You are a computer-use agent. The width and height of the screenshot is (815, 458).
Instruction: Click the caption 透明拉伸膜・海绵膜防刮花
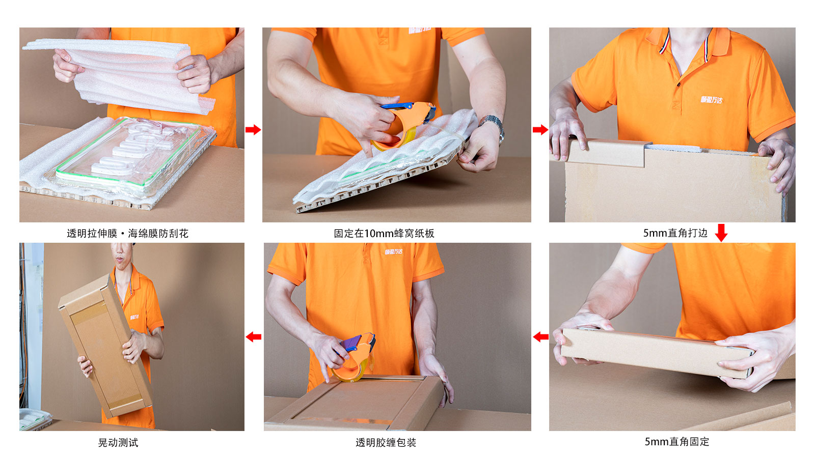[x=127, y=234]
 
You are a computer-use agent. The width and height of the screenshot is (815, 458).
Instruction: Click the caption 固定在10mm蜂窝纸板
[x=384, y=234]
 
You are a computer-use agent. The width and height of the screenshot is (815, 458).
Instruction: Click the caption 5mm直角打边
[x=675, y=233]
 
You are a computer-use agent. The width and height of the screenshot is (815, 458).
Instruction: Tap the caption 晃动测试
[x=118, y=443]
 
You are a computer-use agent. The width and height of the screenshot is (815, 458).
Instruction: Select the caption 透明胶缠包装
[x=386, y=443]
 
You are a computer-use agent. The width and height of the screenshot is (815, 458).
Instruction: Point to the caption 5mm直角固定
[x=676, y=442]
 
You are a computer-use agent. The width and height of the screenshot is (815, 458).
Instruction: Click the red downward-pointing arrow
[x=721, y=233]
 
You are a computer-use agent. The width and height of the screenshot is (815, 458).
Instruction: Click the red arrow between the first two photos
[x=253, y=130]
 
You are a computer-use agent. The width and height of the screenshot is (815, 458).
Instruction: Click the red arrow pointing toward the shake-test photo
[x=253, y=337]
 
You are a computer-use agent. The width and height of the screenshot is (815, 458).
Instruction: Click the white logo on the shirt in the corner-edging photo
[x=711, y=100]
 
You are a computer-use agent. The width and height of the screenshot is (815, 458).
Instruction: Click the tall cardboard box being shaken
[x=104, y=346]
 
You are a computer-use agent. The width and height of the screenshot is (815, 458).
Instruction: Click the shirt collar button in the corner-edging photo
[x=678, y=84]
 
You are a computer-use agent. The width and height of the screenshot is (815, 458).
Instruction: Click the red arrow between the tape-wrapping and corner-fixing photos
[x=540, y=337]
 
